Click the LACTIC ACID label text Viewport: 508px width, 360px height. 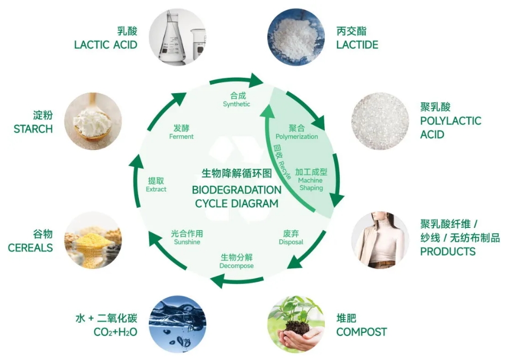pos(105,44)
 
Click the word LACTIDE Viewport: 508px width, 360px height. pos(357,45)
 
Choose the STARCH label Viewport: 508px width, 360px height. pos(33,129)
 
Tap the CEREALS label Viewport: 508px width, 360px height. pos(30,248)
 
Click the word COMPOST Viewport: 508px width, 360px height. pos(361,332)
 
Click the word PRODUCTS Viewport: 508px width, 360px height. pos(448,251)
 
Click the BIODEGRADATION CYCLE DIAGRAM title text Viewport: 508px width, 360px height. pos(236,196)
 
